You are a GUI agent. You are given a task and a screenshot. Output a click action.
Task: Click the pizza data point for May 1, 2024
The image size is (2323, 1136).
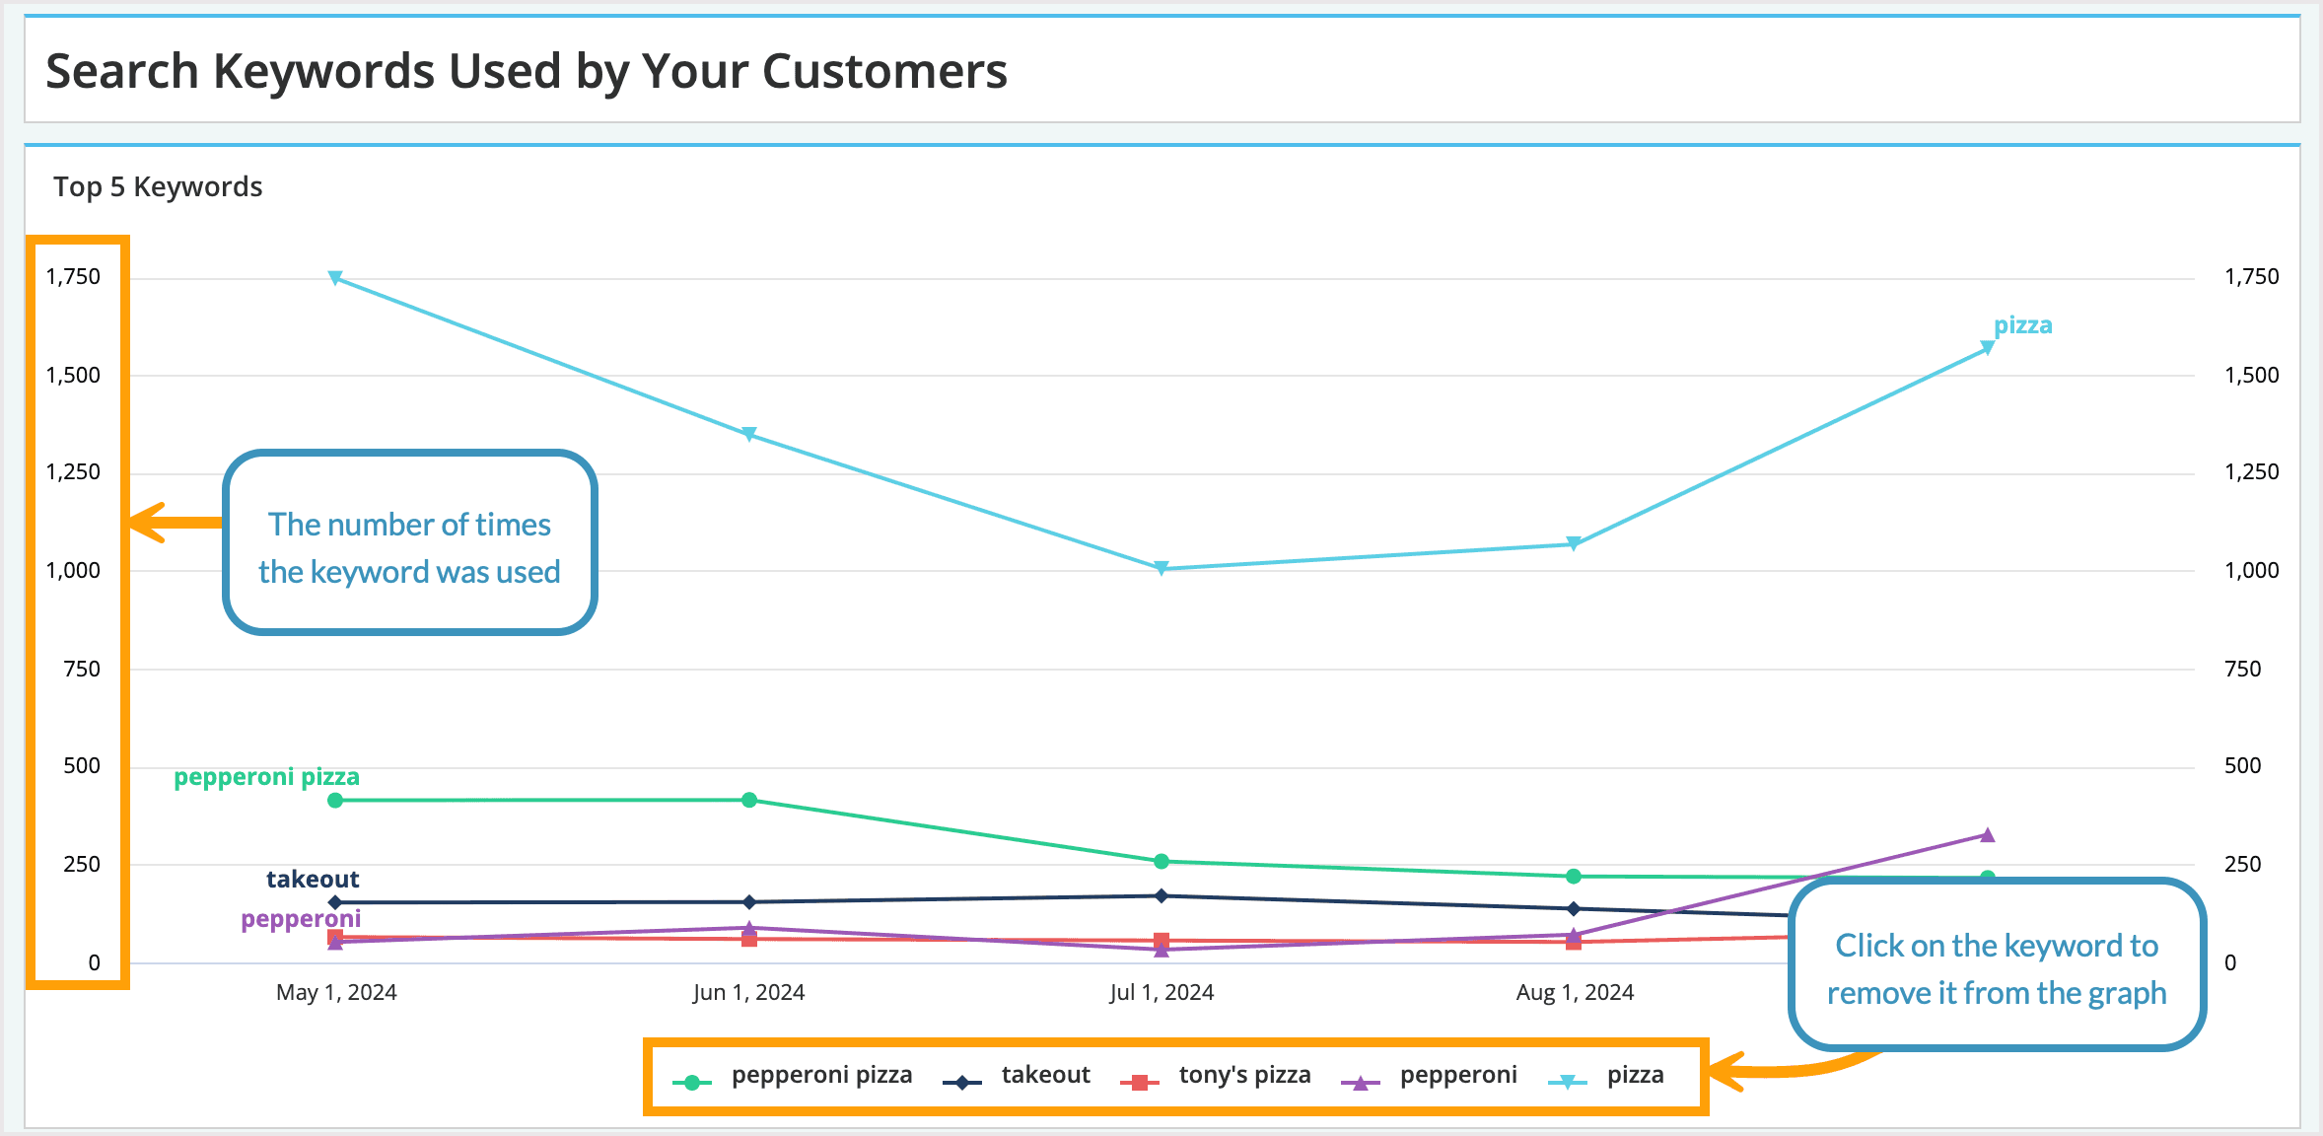335,278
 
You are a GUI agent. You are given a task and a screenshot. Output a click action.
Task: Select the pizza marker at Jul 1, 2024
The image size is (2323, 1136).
1161,568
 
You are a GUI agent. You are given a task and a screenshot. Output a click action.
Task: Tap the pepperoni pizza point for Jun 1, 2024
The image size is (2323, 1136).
749,800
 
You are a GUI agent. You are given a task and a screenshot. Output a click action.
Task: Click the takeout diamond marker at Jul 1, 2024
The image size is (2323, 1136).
1161,895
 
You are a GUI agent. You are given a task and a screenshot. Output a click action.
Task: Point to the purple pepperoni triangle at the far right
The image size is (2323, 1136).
1988,835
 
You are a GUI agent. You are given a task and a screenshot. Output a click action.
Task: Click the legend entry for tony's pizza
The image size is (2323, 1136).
1217,1075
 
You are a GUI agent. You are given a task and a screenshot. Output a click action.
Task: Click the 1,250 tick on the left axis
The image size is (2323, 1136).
73,472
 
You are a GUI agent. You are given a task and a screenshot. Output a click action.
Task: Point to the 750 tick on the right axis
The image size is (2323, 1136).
2242,669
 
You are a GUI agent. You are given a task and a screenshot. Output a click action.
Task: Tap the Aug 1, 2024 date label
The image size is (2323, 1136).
1575,992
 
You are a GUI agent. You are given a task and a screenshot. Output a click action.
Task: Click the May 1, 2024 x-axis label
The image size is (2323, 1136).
336,992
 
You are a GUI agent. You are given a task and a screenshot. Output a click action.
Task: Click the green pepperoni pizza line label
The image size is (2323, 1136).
266,777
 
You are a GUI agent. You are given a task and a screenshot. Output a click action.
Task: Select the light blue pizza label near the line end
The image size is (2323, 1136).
2022,325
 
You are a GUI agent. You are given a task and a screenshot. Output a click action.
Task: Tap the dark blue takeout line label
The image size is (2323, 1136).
313,879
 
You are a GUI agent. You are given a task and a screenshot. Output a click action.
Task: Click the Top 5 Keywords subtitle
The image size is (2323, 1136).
158,186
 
